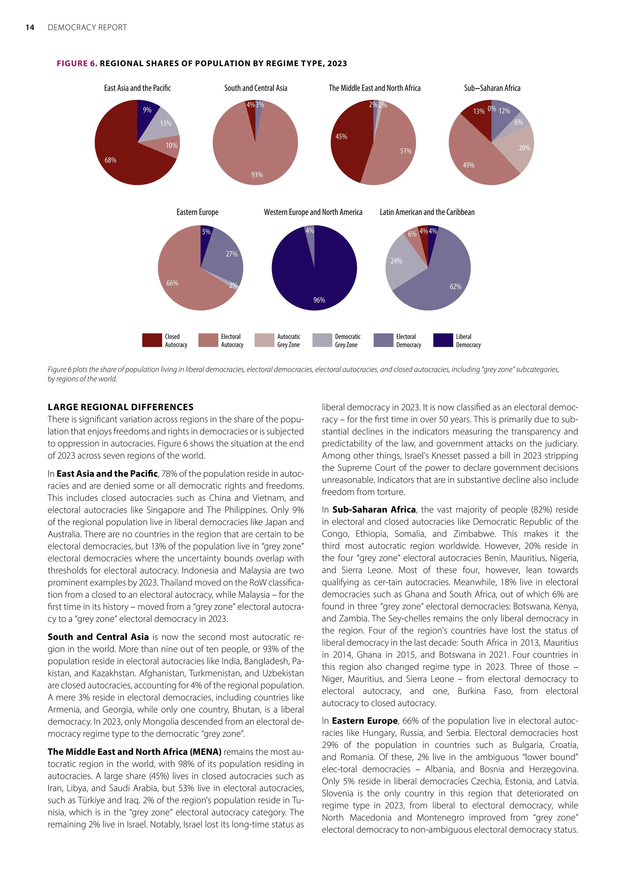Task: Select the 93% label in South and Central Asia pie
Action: [x=257, y=175]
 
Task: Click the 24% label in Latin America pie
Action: [x=396, y=261]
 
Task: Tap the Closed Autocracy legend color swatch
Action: [x=152, y=340]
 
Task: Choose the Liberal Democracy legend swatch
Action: [x=443, y=340]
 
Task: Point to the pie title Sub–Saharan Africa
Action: [x=492, y=88]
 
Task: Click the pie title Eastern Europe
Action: [x=197, y=212]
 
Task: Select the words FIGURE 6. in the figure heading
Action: [x=77, y=64]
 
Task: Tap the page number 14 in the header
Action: [x=30, y=28]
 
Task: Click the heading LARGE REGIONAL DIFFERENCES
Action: [x=121, y=407]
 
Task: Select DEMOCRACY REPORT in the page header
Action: [x=87, y=28]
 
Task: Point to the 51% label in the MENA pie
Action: [x=406, y=151]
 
